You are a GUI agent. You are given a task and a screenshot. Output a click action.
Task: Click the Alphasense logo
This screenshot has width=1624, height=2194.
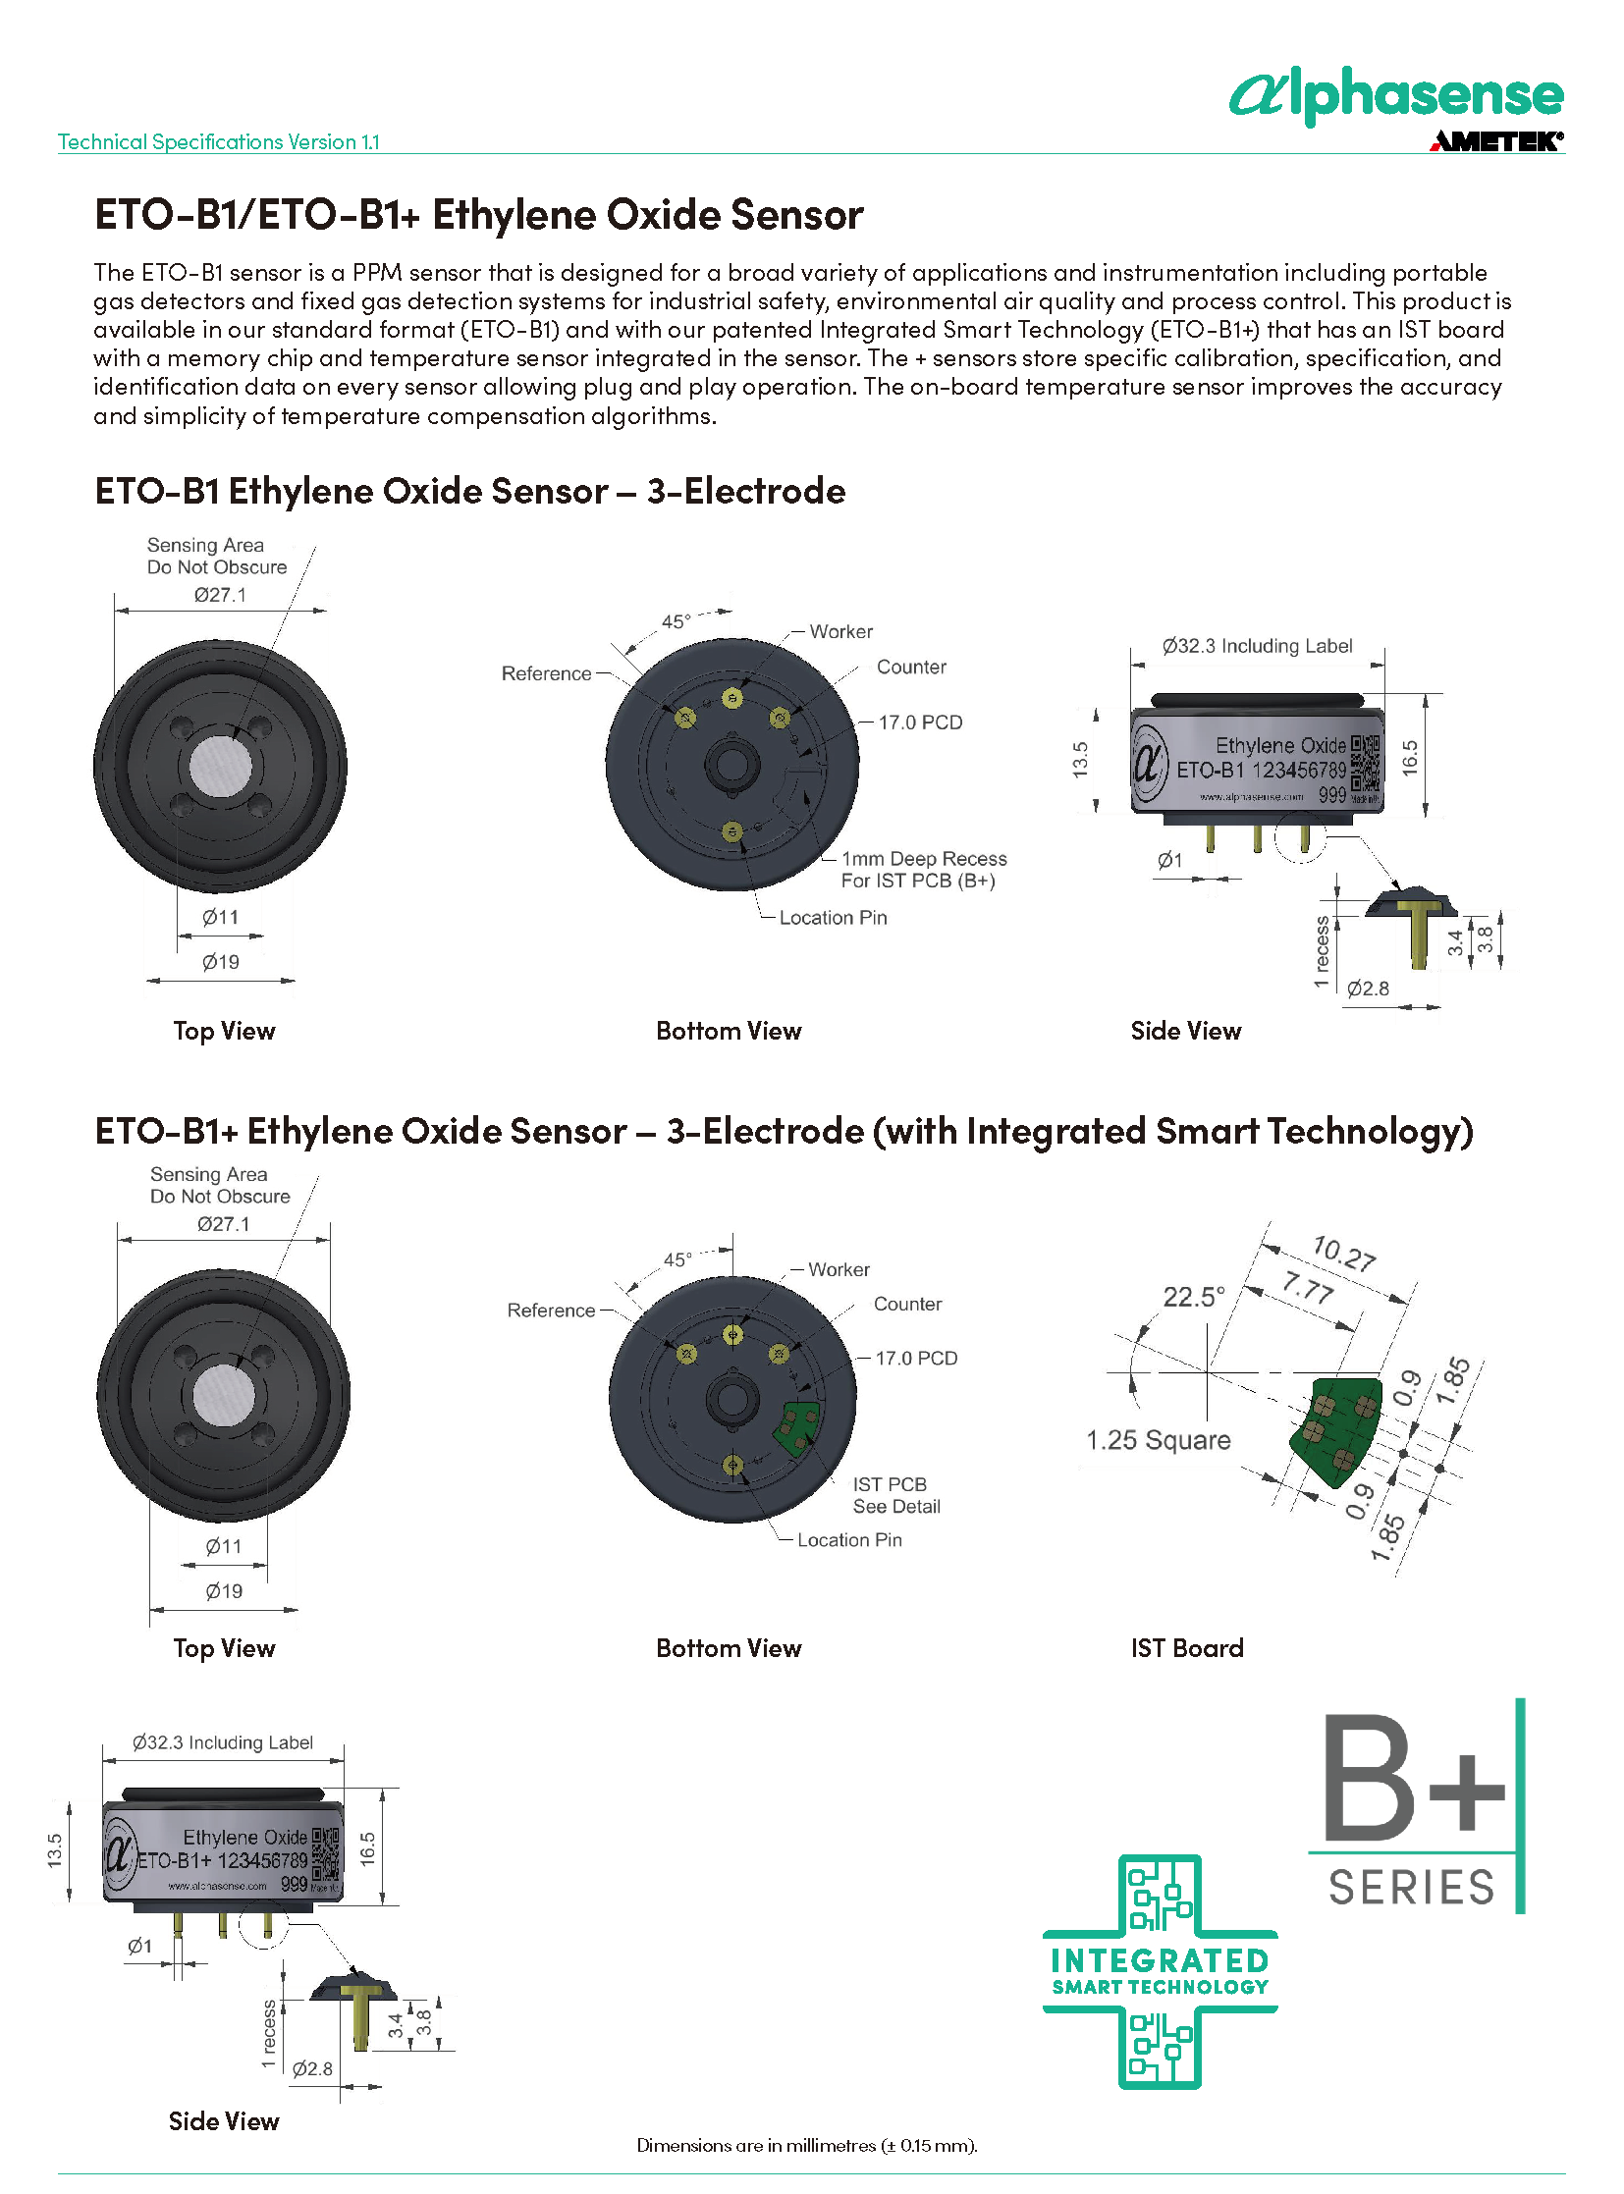click(x=1396, y=96)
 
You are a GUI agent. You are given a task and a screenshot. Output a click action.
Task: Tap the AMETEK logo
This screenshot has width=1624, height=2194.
click(x=1496, y=141)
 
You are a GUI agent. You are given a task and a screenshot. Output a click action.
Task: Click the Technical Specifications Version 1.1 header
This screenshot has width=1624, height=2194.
click(x=218, y=141)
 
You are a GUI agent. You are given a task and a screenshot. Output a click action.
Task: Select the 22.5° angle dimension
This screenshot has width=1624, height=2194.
click(x=1193, y=1297)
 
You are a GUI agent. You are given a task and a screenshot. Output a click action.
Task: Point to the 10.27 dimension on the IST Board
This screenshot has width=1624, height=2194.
click(x=1344, y=1255)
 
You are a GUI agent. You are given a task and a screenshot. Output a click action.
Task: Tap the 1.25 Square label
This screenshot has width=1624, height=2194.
click(x=1158, y=1440)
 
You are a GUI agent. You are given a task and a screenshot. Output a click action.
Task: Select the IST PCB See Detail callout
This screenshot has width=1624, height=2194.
click(x=895, y=1495)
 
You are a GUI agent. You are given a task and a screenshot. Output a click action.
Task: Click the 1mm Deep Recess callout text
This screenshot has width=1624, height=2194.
click(x=923, y=869)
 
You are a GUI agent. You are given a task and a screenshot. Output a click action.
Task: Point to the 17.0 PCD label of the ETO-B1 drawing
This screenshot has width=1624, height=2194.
click(x=920, y=722)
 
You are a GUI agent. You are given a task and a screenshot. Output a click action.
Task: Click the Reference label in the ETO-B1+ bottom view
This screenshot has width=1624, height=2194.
click(x=551, y=1311)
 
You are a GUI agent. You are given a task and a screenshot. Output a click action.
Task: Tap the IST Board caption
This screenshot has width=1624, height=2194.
click(x=1186, y=1648)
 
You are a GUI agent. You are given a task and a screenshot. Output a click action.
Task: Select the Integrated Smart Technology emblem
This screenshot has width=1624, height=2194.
click(x=1160, y=1972)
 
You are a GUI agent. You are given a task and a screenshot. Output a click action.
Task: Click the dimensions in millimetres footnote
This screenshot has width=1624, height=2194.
click(x=806, y=2145)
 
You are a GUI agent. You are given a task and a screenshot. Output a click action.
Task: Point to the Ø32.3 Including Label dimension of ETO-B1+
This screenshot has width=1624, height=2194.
click(x=223, y=1742)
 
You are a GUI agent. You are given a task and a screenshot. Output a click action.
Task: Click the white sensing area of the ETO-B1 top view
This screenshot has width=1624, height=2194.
click(x=219, y=766)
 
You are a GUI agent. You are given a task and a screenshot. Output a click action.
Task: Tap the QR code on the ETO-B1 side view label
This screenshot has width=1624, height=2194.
click(x=1366, y=763)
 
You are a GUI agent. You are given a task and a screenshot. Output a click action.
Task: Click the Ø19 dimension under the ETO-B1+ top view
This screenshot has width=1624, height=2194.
click(x=224, y=1591)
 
